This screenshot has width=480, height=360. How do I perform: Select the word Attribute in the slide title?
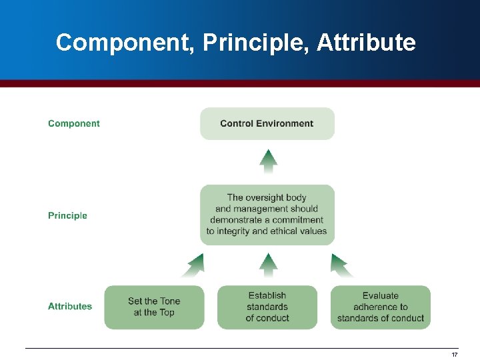pyautogui.click(x=366, y=43)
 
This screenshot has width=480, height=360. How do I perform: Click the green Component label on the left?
pyautogui.click(x=74, y=123)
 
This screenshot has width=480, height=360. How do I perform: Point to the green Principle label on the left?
pyautogui.click(x=67, y=215)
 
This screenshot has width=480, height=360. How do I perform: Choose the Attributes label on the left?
pyautogui.click(x=70, y=306)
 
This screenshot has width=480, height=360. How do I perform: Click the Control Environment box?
pyautogui.click(x=267, y=123)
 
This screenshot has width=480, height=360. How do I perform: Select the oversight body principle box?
pyautogui.click(x=267, y=215)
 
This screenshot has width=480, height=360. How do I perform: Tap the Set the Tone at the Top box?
pyautogui.click(x=154, y=307)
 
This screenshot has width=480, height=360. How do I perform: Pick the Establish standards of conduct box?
pyautogui.click(x=267, y=307)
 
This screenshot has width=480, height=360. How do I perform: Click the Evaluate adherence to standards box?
pyautogui.click(x=381, y=307)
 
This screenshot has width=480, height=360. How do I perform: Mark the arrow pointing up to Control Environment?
pyautogui.click(x=267, y=161)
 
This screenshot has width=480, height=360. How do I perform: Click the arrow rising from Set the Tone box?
pyautogui.click(x=193, y=265)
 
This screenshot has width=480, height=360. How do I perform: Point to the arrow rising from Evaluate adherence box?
pyautogui.click(x=342, y=265)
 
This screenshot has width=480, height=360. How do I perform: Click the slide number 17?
pyautogui.click(x=455, y=355)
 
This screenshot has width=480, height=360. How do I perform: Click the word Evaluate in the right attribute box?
pyautogui.click(x=381, y=295)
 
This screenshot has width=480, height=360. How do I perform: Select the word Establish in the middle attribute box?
pyautogui.click(x=267, y=295)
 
